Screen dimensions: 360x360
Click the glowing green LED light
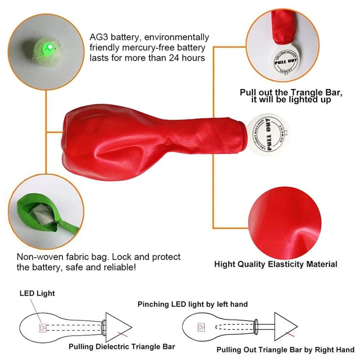(x=50, y=48)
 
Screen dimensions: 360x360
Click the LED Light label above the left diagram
(x=37, y=293)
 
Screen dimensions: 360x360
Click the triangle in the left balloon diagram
(x=117, y=327)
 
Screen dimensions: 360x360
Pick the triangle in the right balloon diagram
(x=285, y=327)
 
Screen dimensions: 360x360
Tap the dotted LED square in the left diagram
(x=43, y=328)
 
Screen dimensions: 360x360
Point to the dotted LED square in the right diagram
(x=201, y=327)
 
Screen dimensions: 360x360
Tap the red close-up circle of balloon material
(x=285, y=223)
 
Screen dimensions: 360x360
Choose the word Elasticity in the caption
(x=286, y=264)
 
